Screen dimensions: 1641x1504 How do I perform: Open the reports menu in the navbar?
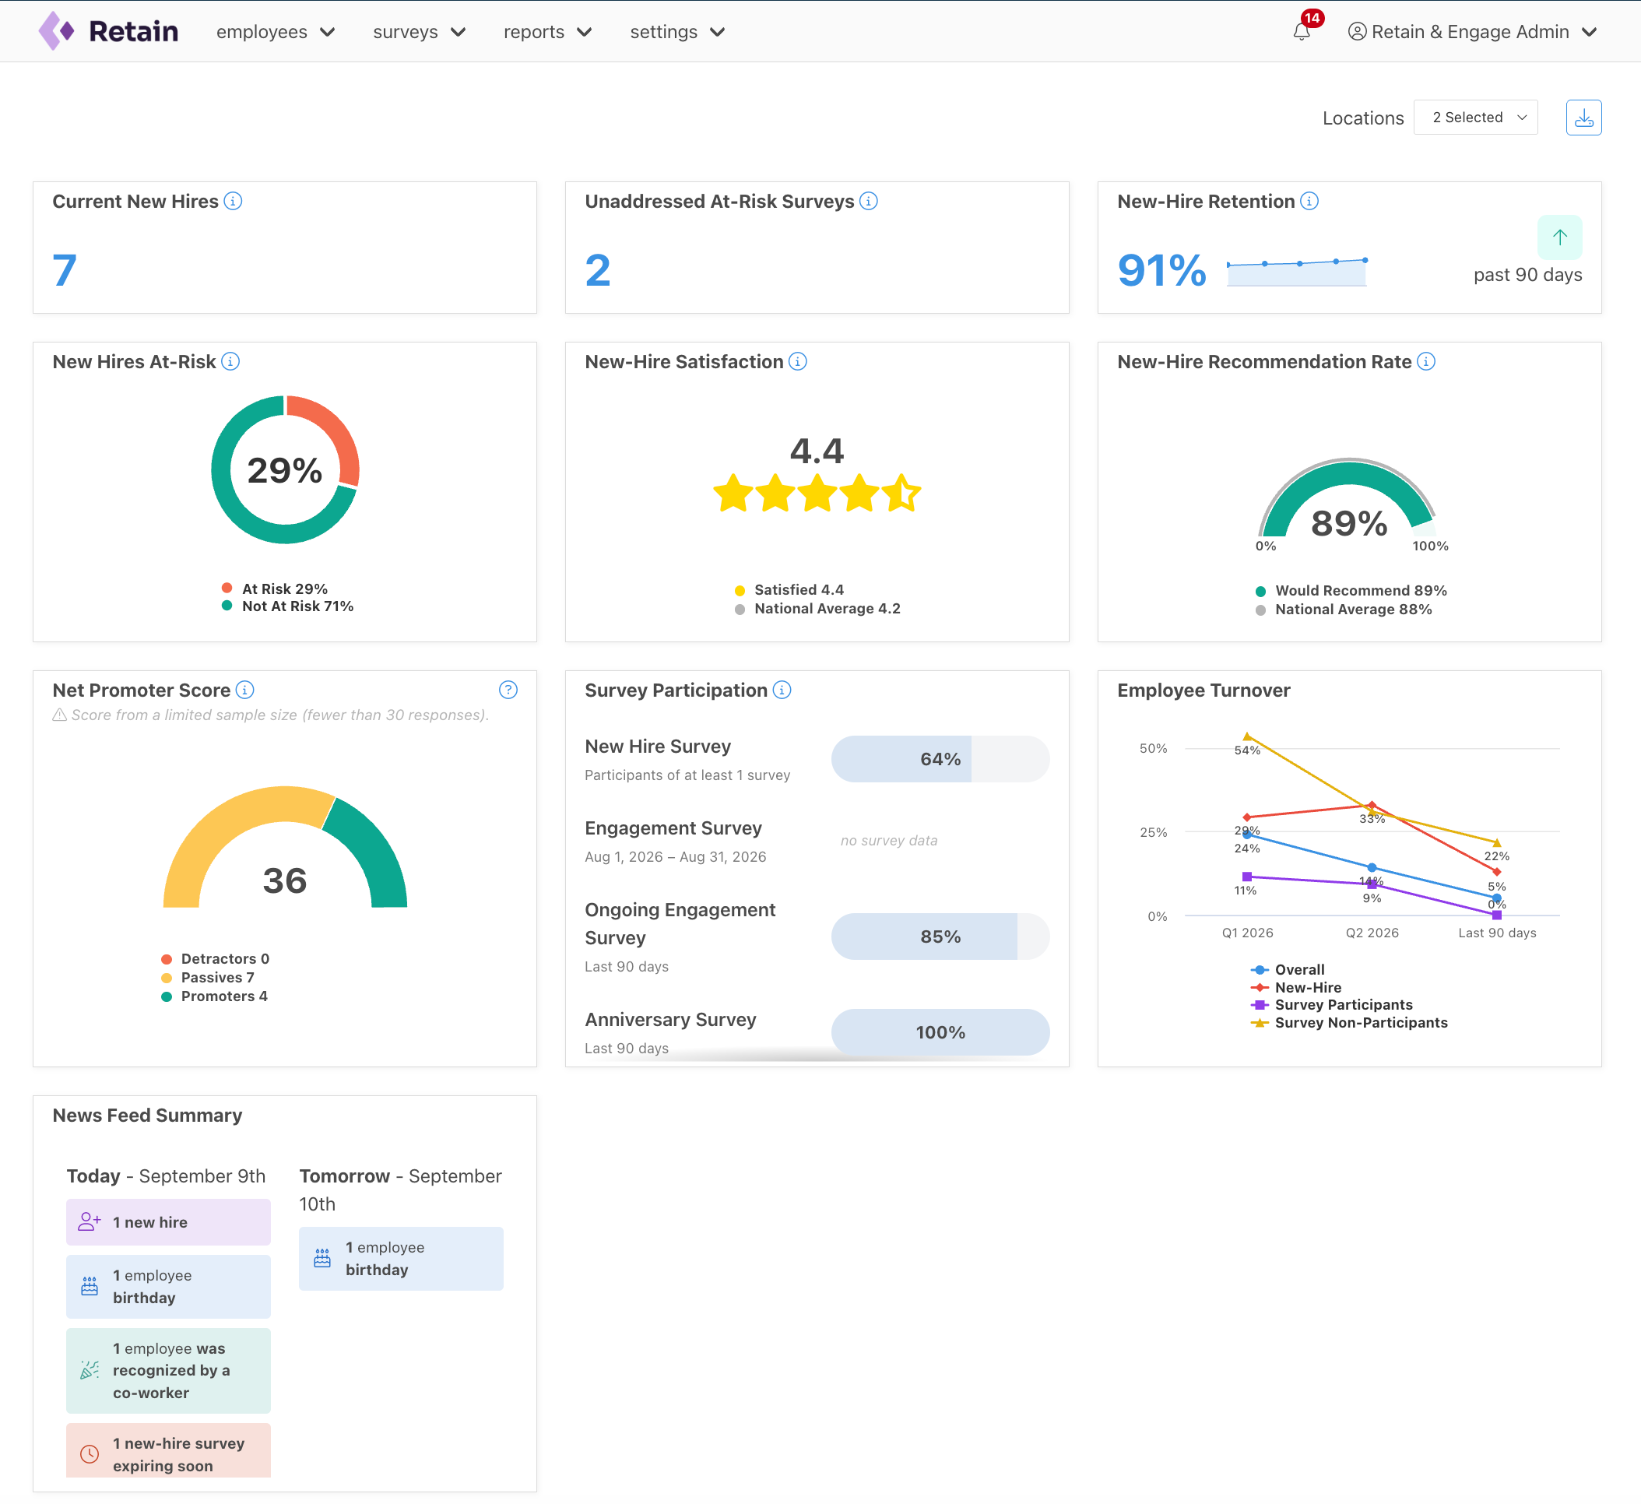click(x=547, y=32)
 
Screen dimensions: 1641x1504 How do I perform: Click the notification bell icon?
click(x=1302, y=32)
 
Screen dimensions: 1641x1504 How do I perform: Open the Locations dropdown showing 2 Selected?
click(x=1475, y=118)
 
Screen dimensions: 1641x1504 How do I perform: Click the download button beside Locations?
click(x=1583, y=118)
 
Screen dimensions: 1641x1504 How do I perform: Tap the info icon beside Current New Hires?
click(x=233, y=201)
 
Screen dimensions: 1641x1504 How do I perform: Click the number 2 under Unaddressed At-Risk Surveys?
click(x=597, y=270)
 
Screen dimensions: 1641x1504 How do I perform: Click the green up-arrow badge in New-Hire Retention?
click(x=1559, y=237)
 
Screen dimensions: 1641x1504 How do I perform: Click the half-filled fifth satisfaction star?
click(x=902, y=494)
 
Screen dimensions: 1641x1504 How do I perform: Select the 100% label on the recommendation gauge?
click(x=1430, y=546)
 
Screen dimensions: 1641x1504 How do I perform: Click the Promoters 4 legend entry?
click(x=215, y=996)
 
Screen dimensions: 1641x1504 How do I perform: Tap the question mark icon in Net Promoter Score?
click(x=508, y=691)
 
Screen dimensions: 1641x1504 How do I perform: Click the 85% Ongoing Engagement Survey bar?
click(x=940, y=936)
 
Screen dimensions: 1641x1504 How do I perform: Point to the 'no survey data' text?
click(x=889, y=841)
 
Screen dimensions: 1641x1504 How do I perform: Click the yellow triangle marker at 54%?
click(x=1247, y=736)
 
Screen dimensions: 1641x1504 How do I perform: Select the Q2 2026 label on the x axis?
click(x=1372, y=933)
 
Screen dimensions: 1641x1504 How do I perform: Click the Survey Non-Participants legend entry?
click(x=1350, y=1023)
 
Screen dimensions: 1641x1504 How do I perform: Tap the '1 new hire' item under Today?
click(x=168, y=1222)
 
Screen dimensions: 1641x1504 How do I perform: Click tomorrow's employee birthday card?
click(x=401, y=1258)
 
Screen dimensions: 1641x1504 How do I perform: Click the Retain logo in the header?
click(x=108, y=32)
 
